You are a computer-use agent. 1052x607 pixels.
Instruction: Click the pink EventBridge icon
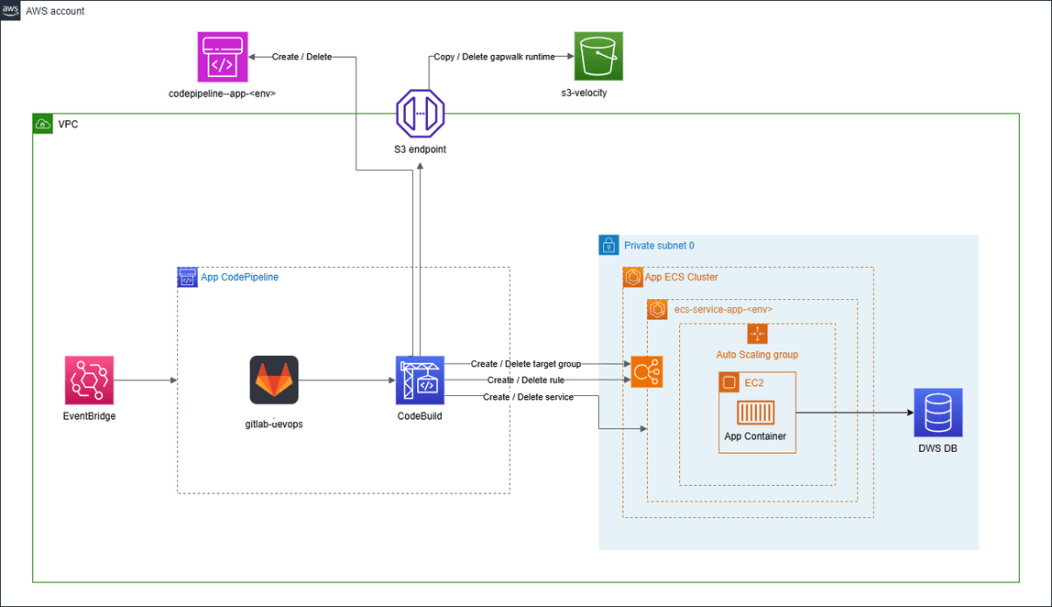tap(89, 380)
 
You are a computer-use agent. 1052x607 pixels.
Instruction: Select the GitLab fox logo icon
tap(274, 380)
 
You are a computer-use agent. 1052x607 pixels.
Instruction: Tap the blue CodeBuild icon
tap(420, 380)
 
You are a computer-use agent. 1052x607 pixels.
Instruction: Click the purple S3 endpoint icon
tap(420, 114)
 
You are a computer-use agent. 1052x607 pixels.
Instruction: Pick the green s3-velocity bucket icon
tap(598, 56)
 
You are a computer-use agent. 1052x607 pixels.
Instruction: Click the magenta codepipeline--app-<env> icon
tap(223, 56)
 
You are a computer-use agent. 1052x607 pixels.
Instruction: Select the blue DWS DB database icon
tap(937, 412)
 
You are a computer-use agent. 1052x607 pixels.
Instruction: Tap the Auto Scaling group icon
tap(757, 335)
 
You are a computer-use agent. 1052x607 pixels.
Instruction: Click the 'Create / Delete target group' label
tap(525, 364)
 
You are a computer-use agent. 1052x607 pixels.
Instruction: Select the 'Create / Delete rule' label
tap(525, 380)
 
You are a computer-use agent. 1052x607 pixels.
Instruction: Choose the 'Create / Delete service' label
tap(528, 396)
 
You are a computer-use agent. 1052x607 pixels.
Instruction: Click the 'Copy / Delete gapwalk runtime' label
tap(494, 57)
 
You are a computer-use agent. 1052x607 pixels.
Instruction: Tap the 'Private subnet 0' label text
tap(659, 246)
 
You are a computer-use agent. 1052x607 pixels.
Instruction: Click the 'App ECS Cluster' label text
tap(681, 277)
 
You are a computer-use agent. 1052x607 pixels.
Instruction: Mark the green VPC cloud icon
tap(42, 124)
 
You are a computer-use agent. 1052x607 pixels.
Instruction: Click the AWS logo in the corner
tap(11, 11)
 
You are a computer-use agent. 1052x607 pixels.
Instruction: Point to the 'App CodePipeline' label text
tap(239, 277)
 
